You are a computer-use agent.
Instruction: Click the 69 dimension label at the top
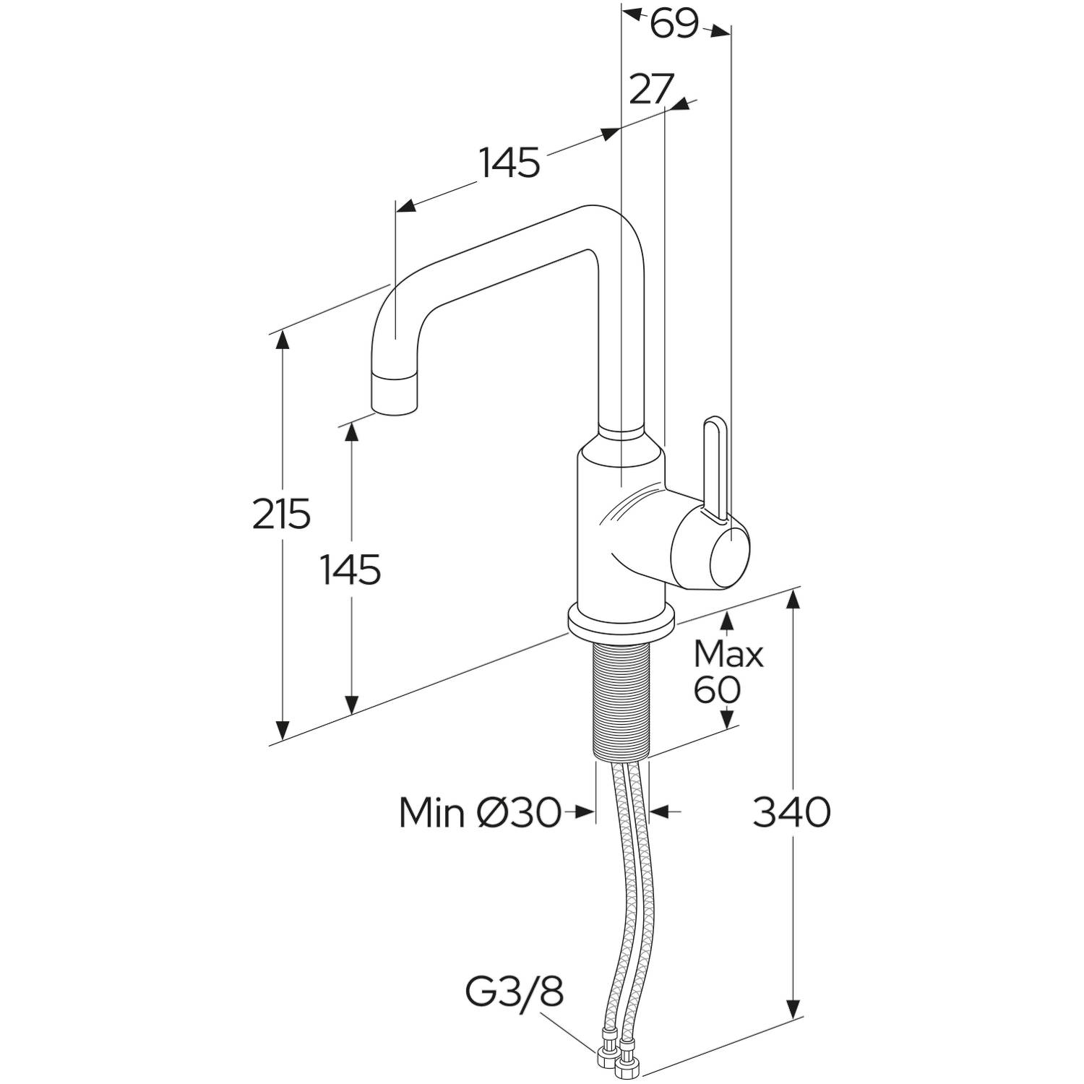674,25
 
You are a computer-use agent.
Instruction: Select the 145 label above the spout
509,163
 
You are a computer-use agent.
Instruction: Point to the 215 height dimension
282,513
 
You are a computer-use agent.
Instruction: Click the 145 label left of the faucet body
350,570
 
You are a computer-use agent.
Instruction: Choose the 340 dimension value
792,812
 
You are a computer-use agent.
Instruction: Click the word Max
728,655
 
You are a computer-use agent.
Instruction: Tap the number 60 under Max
717,689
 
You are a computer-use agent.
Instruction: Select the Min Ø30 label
480,814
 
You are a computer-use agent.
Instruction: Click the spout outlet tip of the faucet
396,395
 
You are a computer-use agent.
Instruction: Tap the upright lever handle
714,466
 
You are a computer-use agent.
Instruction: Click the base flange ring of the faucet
621,620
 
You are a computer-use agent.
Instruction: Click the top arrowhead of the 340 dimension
793,600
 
